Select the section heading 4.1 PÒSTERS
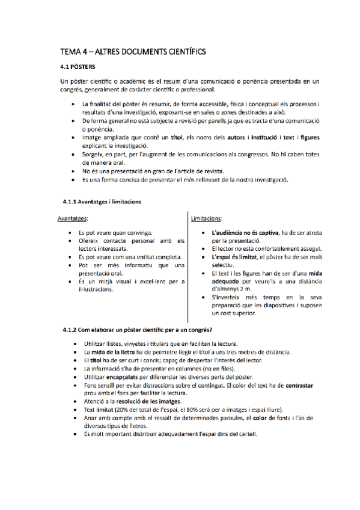81,67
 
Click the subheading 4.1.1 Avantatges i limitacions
102,201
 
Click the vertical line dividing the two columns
188,265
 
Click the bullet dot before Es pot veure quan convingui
71,232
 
